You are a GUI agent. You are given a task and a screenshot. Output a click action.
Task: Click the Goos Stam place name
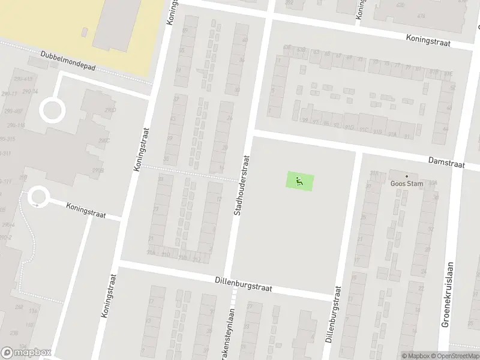tap(407, 184)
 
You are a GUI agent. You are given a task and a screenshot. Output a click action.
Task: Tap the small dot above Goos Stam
tap(406, 176)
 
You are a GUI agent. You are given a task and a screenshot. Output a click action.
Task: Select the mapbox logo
tap(26, 353)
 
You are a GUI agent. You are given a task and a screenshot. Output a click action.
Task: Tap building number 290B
tap(98, 170)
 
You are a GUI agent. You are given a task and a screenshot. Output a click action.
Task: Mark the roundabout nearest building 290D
tap(52, 110)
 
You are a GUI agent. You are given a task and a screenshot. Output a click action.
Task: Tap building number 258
tap(19, 307)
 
